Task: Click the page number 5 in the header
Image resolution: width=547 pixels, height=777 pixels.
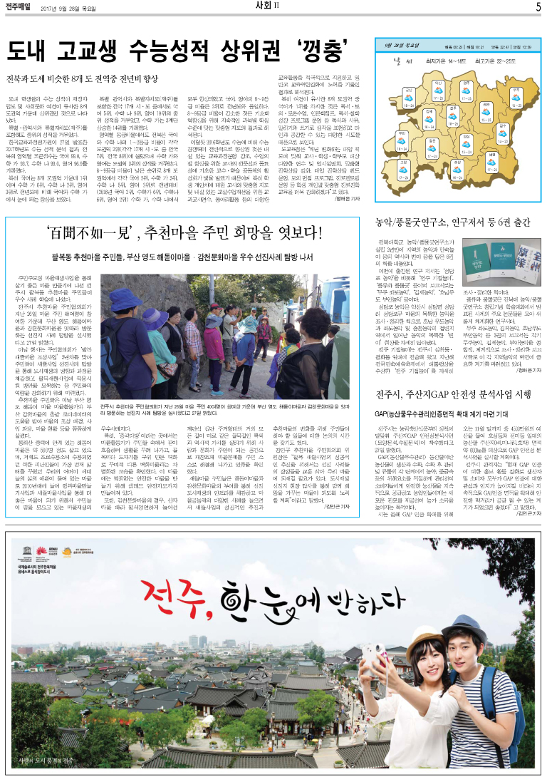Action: tap(539, 7)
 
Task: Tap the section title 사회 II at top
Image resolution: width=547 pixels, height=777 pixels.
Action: tap(273, 7)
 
